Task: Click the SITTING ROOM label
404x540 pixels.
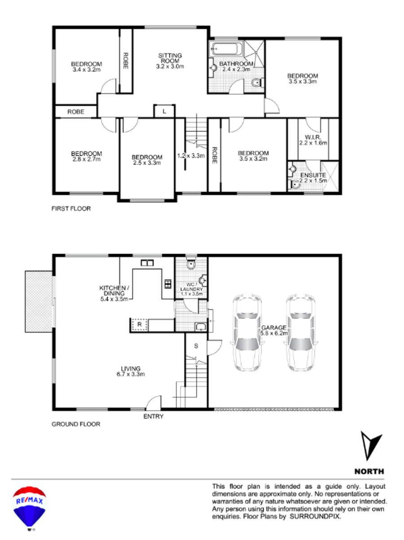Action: (170, 58)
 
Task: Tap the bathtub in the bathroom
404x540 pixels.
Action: (226, 49)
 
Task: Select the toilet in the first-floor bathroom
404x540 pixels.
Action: (258, 83)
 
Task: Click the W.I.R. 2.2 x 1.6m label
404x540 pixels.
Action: (313, 140)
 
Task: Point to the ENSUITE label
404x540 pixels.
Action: (313, 175)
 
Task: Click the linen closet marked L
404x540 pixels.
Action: (164, 111)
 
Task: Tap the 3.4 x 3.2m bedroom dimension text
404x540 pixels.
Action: (86, 70)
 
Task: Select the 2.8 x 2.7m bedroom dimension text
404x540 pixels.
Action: (86, 159)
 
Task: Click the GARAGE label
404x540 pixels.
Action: (274, 328)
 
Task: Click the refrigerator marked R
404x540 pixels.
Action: (139, 324)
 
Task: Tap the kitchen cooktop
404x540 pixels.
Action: (168, 284)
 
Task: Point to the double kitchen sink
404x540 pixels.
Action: (147, 263)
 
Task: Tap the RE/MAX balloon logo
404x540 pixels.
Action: (29, 508)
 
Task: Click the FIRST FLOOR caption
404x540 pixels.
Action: (71, 208)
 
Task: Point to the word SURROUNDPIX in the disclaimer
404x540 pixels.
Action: (315, 516)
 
